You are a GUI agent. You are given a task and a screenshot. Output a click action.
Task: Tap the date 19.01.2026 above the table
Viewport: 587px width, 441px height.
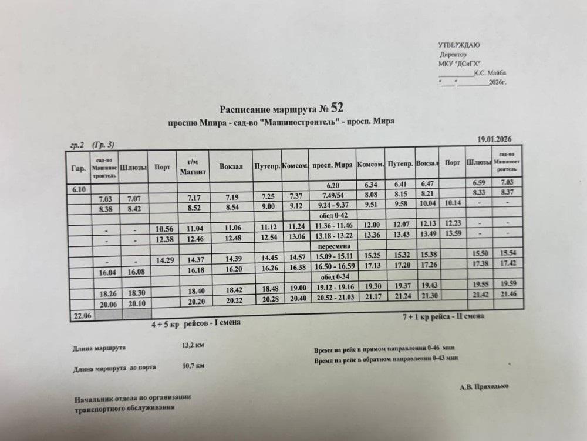coord(495,139)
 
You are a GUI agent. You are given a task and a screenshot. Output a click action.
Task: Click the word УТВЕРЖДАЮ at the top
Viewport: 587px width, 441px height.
coord(459,45)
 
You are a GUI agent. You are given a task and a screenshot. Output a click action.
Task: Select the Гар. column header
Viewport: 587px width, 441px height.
coord(78,169)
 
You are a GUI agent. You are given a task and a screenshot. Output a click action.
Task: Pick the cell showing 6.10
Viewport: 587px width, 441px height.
coord(79,189)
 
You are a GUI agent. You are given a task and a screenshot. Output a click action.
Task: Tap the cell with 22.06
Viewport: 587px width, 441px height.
coord(81,316)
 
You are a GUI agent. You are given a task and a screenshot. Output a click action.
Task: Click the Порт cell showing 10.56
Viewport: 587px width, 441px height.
coord(163,228)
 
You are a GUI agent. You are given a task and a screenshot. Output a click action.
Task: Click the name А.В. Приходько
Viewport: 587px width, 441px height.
coord(485,386)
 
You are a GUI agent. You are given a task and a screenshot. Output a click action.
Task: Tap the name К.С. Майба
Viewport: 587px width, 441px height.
coord(490,73)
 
